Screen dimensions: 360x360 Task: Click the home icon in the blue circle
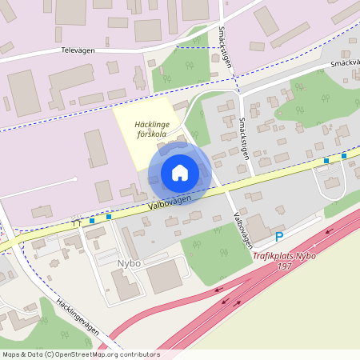(180, 173)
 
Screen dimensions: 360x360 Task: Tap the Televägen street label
(78, 50)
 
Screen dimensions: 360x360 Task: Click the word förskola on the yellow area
(154, 134)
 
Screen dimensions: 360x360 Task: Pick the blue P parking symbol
(279, 237)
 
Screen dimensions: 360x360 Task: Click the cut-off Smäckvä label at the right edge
(343, 64)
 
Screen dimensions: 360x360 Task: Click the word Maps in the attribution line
(11, 354)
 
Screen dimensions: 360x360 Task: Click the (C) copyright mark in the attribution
(50, 354)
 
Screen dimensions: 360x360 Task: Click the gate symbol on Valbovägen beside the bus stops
(78, 222)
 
